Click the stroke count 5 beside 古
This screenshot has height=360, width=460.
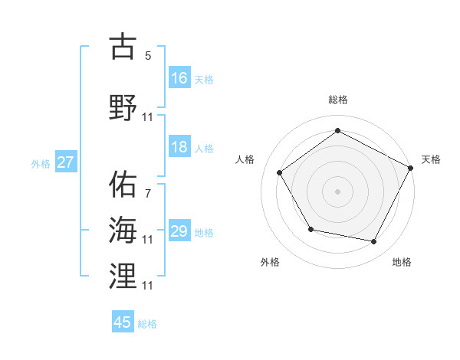click(x=148, y=56)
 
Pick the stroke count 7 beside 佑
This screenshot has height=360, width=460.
click(x=148, y=193)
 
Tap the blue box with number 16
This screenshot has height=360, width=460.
click(x=179, y=78)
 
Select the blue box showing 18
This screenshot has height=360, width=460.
click(x=179, y=148)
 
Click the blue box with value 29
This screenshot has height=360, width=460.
click(x=179, y=231)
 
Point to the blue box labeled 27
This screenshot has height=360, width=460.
click(x=66, y=162)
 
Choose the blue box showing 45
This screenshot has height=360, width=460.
click(x=123, y=322)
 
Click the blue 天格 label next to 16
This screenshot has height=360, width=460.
click(x=203, y=79)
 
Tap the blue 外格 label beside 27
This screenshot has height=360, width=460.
click(x=41, y=163)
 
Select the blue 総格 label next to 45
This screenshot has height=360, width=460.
click(x=147, y=323)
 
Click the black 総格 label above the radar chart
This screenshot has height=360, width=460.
click(x=338, y=100)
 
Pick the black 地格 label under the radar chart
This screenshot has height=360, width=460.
click(x=402, y=262)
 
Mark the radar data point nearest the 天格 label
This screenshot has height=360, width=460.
click(x=411, y=168)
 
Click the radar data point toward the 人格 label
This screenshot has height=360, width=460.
click(x=280, y=173)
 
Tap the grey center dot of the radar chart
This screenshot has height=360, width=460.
click(x=338, y=191)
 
